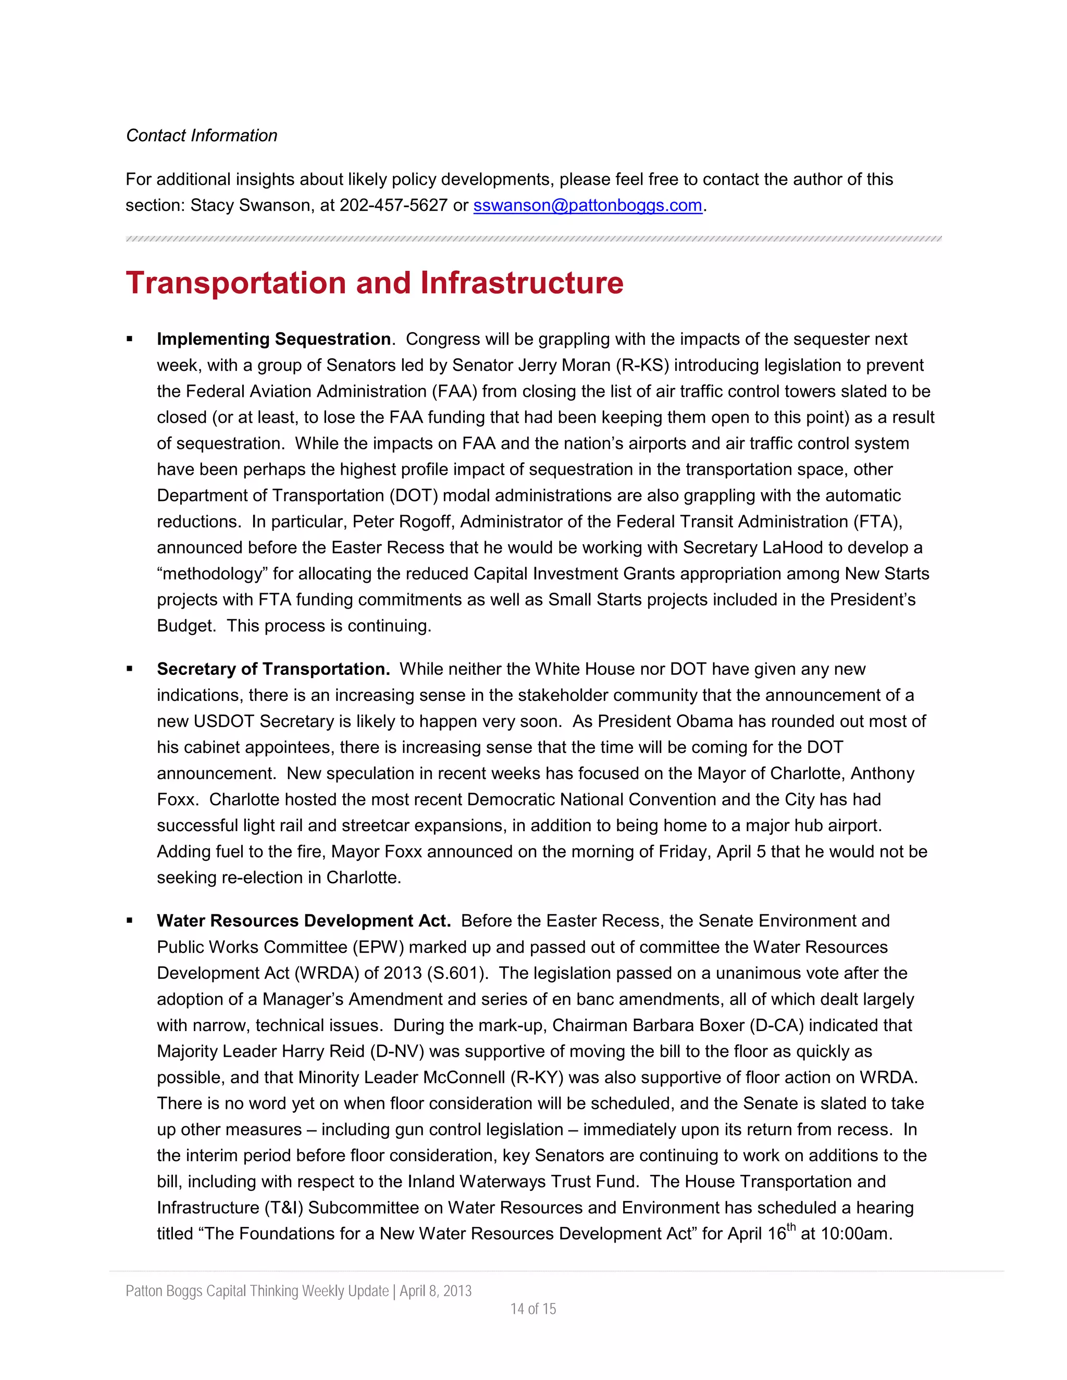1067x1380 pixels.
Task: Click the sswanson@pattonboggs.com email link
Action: (x=587, y=205)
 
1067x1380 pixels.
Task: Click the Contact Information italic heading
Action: (x=202, y=135)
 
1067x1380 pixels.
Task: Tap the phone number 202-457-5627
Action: (x=393, y=205)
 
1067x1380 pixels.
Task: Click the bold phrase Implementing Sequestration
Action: (x=274, y=340)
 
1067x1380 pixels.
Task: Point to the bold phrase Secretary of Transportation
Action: (x=273, y=669)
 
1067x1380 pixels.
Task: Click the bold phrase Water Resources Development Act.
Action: (x=303, y=921)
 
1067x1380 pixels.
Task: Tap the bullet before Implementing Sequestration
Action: (x=130, y=340)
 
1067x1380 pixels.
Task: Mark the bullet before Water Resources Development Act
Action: (x=130, y=921)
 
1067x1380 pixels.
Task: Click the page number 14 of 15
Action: (x=533, y=1309)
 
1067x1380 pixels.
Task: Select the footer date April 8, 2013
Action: (x=436, y=1291)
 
